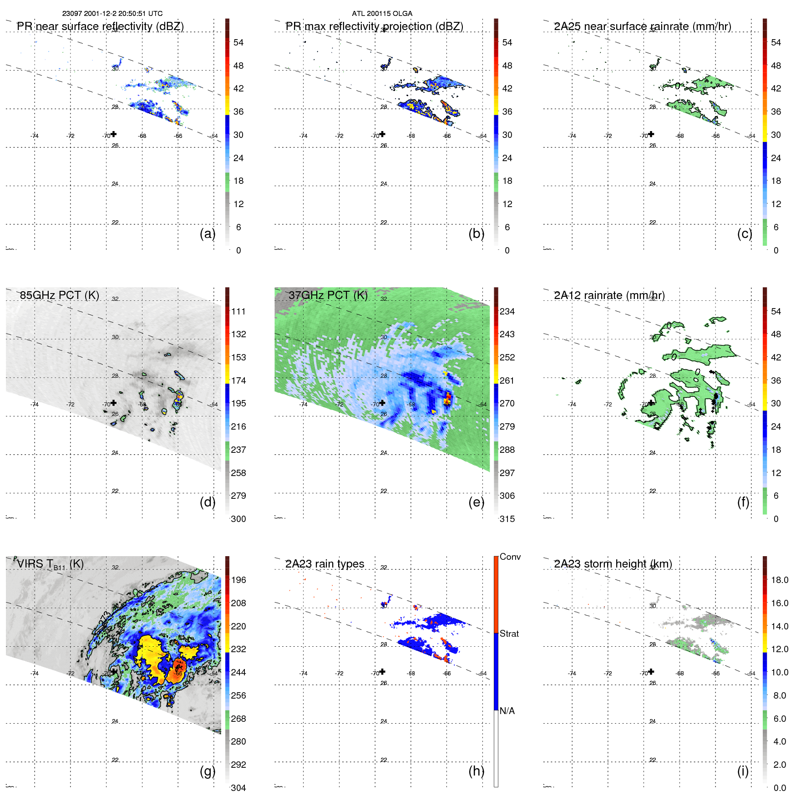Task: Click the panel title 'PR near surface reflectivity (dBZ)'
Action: (100, 26)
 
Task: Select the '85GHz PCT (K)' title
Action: (59, 295)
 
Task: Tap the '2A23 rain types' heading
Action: (324, 564)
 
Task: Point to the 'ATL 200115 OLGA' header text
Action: (382, 14)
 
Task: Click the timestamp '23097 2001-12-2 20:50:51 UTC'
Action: (112, 14)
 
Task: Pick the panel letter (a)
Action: (208, 233)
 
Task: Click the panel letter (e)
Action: (476, 502)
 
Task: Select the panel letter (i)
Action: (743, 771)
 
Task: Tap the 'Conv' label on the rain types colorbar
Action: (510, 557)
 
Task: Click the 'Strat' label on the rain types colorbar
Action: (509, 634)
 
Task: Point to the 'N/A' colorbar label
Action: (507, 711)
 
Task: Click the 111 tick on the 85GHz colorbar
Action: (238, 311)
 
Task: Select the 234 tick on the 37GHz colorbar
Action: (507, 311)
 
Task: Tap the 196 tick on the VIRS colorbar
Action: (238, 580)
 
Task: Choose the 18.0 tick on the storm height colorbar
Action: (779, 580)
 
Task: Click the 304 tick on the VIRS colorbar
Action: (238, 788)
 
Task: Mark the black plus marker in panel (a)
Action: (114, 134)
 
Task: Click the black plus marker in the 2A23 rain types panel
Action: (382, 671)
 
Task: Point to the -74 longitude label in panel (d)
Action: (35, 404)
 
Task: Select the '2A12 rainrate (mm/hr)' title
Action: (609, 295)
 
